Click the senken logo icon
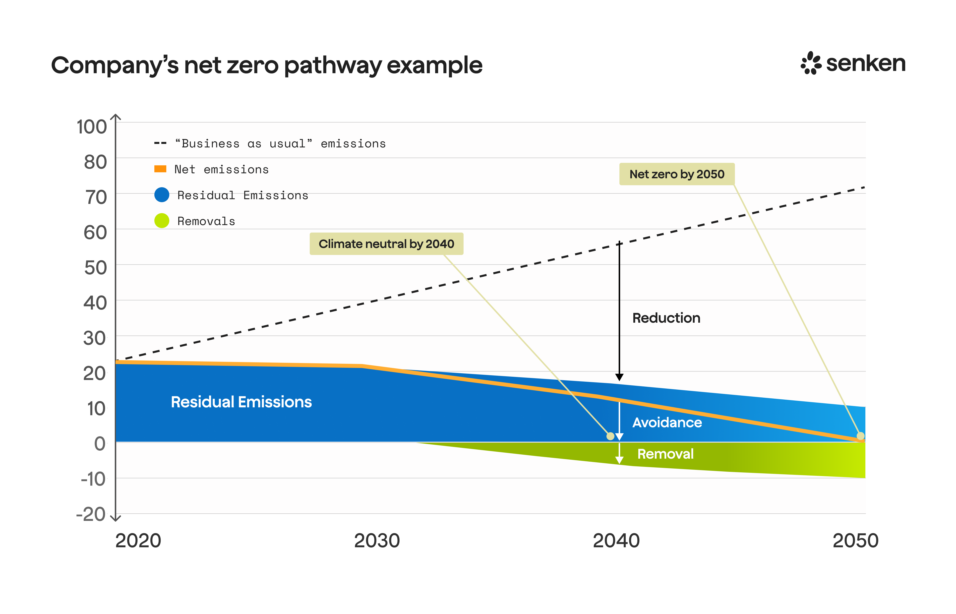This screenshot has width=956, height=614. pyautogui.click(x=811, y=63)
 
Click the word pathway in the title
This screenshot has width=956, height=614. pyautogui.click(x=333, y=66)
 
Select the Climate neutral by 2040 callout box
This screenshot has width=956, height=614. pyautogui.click(x=386, y=244)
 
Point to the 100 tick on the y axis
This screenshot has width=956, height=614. pyautogui.click(x=92, y=127)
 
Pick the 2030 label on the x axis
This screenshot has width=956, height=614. pyautogui.click(x=377, y=541)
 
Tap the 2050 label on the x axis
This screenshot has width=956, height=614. pyautogui.click(x=855, y=541)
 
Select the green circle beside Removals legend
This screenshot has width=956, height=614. pyautogui.click(x=162, y=221)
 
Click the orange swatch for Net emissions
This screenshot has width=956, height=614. pyautogui.click(x=160, y=169)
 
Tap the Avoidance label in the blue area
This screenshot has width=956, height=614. pyautogui.click(x=667, y=423)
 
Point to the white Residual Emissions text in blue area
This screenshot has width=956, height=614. pyautogui.click(x=241, y=402)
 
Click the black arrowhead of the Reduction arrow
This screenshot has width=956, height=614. pyautogui.click(x=619, y=377)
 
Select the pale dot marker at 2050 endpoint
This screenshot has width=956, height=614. pyautogui.click(x=860, y=436)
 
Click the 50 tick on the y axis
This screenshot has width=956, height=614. pyautogui.click(x=95, y=267)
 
